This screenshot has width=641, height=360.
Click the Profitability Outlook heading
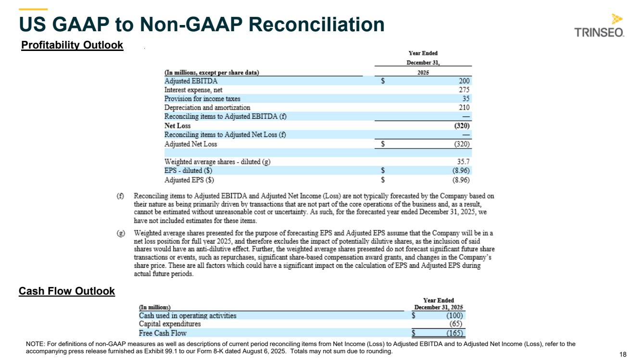point(72,45)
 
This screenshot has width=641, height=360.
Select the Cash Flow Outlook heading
point(67,291)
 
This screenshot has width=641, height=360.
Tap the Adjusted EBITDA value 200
point(464,81)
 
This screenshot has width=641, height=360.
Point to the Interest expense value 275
point(464,90)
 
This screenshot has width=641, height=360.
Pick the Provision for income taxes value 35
point(466,99)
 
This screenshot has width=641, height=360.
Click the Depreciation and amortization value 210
point(464,108)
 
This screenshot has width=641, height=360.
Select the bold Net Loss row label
point(177,126)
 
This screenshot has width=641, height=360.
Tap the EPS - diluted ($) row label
point(189,171)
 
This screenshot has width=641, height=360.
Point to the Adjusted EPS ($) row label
point(189,180)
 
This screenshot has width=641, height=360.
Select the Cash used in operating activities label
point(188,316)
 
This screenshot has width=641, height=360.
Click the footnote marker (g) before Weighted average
point(121,233)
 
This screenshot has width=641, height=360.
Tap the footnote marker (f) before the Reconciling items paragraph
point(121,196)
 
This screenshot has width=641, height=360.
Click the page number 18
point(623,354)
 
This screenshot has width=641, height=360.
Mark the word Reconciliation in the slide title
point(308,25)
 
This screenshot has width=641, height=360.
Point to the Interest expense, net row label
point(193,90)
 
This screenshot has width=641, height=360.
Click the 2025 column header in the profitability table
point(423,73)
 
